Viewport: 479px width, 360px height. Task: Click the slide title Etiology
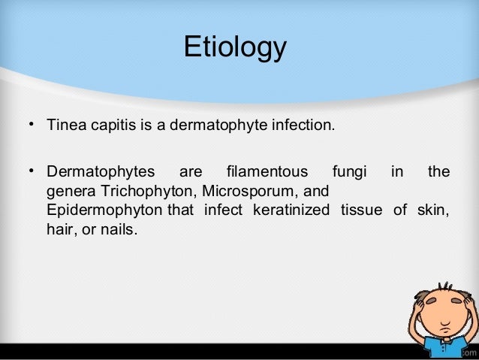(235, 47)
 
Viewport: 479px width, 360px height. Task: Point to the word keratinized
(288, 208)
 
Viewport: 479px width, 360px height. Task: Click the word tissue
(363, 208)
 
